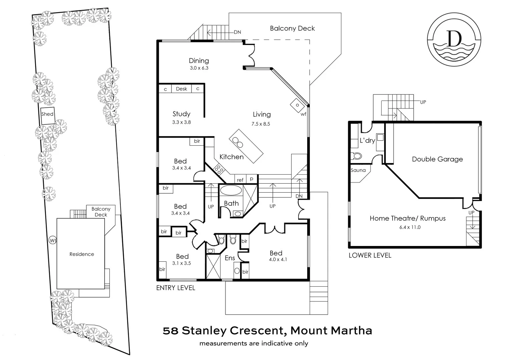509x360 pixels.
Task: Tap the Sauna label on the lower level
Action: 358,170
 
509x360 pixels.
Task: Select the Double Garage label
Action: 437,159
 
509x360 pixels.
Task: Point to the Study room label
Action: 181,114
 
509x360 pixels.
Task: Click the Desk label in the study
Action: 181,89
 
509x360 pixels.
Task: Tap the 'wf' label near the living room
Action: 303,114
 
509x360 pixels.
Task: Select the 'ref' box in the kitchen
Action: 240,180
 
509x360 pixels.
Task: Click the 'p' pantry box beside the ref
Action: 252,179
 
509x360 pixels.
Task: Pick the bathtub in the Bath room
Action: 230,191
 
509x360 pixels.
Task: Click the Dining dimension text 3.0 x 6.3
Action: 199,68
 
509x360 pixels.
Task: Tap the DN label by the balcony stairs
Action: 237,32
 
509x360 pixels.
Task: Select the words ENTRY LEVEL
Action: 176,288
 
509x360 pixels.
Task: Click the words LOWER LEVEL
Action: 370,255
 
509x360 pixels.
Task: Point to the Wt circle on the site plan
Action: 52,240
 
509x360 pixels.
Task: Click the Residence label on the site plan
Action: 82,254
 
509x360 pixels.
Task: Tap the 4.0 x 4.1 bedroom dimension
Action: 278,260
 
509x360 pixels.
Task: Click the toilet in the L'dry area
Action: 357,156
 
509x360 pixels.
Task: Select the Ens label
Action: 229,258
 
